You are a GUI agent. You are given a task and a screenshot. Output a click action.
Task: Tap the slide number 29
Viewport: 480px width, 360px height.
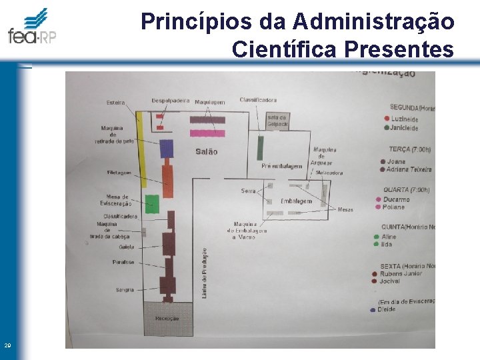(x=7, y=345)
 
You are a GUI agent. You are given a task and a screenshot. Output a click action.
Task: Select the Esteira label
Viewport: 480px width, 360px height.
(x=115, y=103)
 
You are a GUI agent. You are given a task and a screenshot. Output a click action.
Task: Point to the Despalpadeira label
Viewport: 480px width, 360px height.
(x=171, y=100)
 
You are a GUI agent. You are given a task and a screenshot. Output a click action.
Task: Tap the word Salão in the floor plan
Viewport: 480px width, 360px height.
(x=206, y=152)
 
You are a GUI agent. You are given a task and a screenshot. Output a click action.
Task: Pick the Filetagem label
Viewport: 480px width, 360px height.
(x=118, y=172)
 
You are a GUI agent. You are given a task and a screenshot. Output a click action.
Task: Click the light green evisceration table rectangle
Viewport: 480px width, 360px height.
(x=153, y=204)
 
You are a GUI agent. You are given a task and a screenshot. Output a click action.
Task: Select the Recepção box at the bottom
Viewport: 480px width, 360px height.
(x=167, y=318)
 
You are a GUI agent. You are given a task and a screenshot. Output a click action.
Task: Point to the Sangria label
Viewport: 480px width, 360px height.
(x=125, y=290)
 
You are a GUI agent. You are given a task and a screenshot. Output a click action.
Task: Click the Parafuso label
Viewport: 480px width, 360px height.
(x=123, y=262)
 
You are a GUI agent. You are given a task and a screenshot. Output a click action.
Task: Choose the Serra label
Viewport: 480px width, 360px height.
(x=248, y=191)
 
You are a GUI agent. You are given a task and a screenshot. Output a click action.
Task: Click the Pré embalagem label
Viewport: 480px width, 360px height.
(x=282, y=166)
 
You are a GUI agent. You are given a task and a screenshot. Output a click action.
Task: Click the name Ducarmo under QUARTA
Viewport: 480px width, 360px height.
(x=396, y=199)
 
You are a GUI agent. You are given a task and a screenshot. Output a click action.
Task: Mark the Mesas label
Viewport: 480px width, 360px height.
(x=345, y=210)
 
